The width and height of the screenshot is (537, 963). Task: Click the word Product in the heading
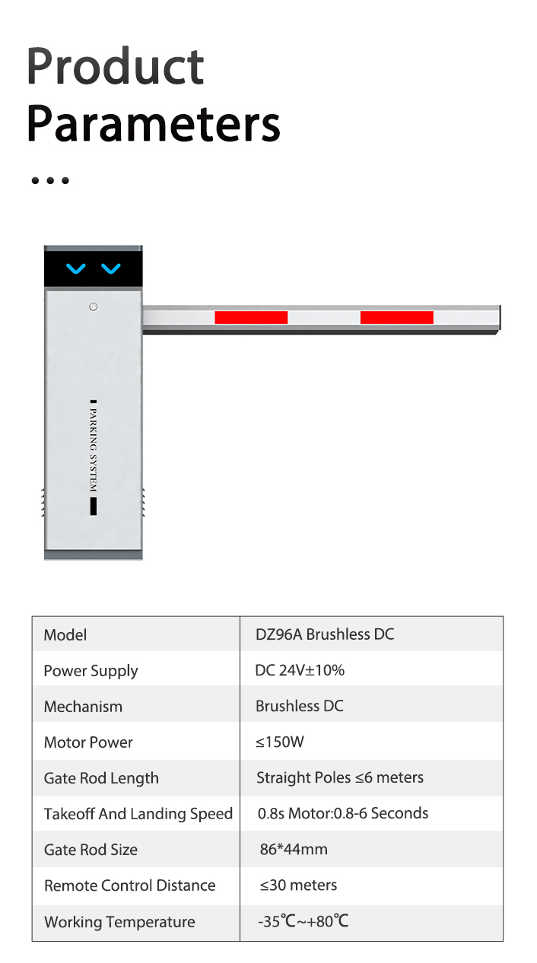(x=115, y=67)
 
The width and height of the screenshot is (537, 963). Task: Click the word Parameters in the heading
(x=154, y=124)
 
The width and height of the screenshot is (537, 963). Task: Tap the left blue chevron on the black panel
(x=76, y=269)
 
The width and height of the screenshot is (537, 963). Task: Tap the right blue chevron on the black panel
(x=111, y=269)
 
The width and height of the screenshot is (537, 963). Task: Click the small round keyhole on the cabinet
(x=94, y=307)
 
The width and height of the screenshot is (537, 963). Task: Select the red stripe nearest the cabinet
(x=251, y=317)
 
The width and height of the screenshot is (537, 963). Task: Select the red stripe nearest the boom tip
(x=397, y=317)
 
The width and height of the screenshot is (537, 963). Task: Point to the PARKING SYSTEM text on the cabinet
(x=94, y=450)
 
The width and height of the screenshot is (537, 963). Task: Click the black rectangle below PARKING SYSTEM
(x=94, y=506)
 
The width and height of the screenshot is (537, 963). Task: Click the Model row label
(x=65, y=635)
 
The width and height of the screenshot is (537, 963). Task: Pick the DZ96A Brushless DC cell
(x=325, y=634)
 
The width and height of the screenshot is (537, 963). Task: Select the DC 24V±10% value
(x=300, y=670)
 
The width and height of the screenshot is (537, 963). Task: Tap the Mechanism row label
(x=83, y=707)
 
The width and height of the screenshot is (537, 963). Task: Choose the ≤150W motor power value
(x=280, y=742)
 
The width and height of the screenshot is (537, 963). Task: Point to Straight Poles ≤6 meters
(x=340, y=777)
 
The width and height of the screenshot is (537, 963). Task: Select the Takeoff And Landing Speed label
(x=138, y=814)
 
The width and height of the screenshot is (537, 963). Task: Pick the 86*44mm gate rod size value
(x=294, y=850)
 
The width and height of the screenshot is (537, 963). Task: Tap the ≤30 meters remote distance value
(x=298, y=885)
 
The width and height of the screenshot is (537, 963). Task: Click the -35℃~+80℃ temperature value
(x=303, y=921)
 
